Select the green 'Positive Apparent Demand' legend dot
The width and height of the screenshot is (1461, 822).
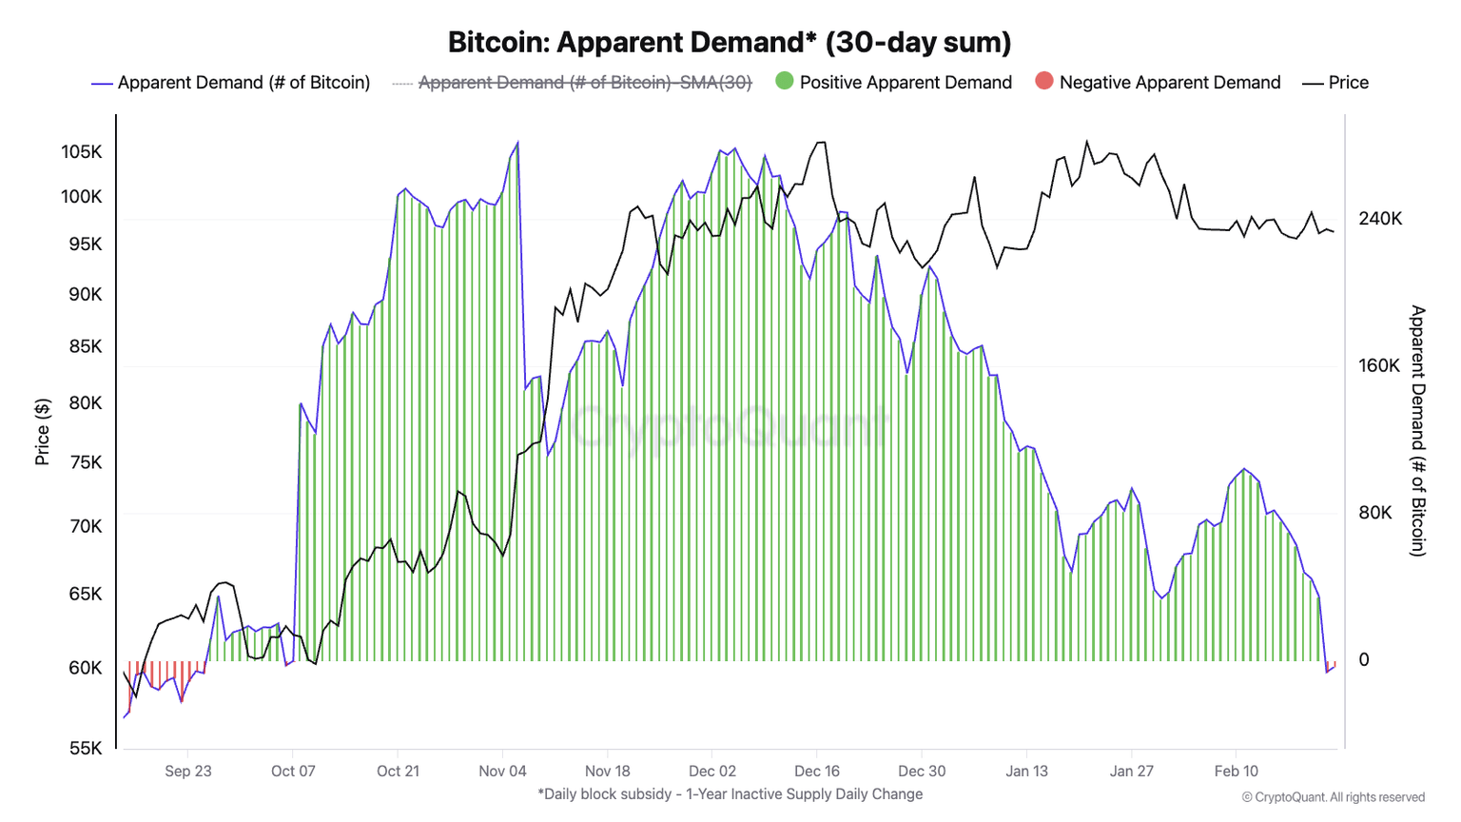pyautogui.click(x=785, y=82)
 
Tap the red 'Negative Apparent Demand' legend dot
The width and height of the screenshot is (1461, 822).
pyautogui.click(x=1044, y=82)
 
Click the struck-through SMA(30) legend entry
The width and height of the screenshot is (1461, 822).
pyautogui.click(x=584, y=83)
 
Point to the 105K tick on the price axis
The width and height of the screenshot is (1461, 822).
pyautogui.click(x=82, y=152)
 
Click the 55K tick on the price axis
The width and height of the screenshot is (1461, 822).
pyautogui.click(x=85, y=748)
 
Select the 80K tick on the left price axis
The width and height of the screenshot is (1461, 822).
pyautogui.click(x=85, y=403)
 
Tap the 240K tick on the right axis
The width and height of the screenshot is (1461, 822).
pyautogui.click(x=1380, y=219)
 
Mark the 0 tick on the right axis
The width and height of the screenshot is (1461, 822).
pyautogui.click(x=1364, y=660)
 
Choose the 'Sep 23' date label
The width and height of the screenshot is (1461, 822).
pyautogui.click(x=188, y=771)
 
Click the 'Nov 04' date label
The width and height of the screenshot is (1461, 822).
pyautogui.click(x=502, y=771)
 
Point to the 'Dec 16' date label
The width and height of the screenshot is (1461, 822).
pyautogui.click(x=817, y=771)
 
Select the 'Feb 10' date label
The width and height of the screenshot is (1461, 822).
pyautogui.click(x=1237, y=771)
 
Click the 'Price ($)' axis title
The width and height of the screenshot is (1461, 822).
pyautogui.click(x=42, y=432)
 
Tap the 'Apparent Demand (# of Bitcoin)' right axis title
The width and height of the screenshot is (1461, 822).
pyautogui.click(x=1417, y=430)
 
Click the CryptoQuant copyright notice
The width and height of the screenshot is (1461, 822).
pyautogui.click(x=1334, y=797)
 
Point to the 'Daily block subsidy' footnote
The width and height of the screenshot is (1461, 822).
pyautogui.click(x=730, y=793)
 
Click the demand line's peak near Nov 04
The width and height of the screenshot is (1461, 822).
pyautogui.click(x=517, y=143)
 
